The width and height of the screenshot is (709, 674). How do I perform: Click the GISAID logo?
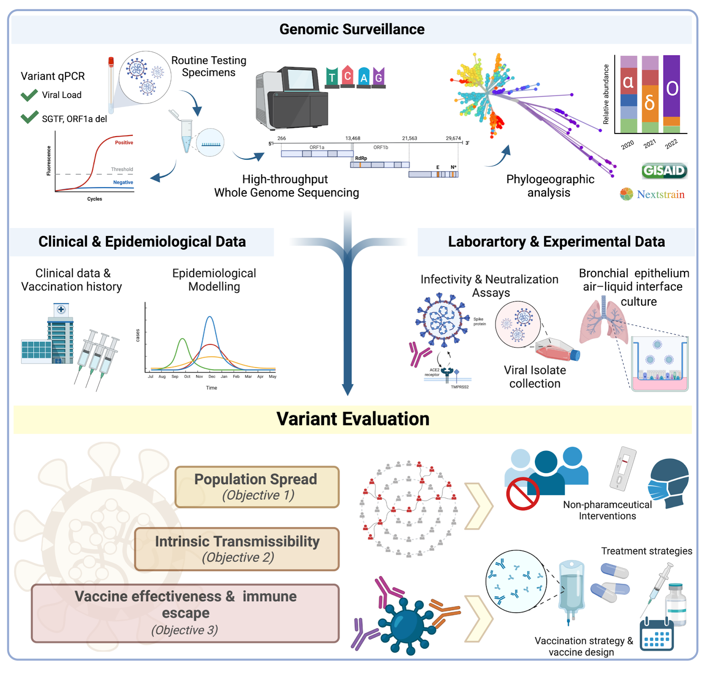pos(664,171)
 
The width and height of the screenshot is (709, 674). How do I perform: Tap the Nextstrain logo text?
pos(660,194)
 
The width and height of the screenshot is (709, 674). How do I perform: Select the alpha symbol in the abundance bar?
pos(628,82)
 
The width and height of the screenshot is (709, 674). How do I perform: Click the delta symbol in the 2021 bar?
pos(650,103)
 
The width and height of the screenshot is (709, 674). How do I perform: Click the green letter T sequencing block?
pos(332,78)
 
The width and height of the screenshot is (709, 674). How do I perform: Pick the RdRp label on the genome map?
pos(361,158)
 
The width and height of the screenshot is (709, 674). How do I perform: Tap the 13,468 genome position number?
pos(353,138)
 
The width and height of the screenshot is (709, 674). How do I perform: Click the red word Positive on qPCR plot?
pos(124,142)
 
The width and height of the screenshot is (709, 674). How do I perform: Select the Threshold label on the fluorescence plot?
pos(122,169)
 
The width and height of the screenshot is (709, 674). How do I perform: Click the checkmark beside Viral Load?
pos(29,95)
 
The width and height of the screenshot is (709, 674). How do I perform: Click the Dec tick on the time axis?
pos(212,376)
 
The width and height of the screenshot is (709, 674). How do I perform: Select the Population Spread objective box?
pos(257,487)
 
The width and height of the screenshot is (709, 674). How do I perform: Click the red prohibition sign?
pos(522,494)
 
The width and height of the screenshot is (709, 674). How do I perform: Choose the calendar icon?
pos(656,635)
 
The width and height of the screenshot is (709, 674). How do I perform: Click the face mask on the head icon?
pos(661,490)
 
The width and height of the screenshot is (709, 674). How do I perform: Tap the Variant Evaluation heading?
pos(353,419)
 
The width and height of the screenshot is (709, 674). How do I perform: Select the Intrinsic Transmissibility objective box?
pos(237,549)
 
